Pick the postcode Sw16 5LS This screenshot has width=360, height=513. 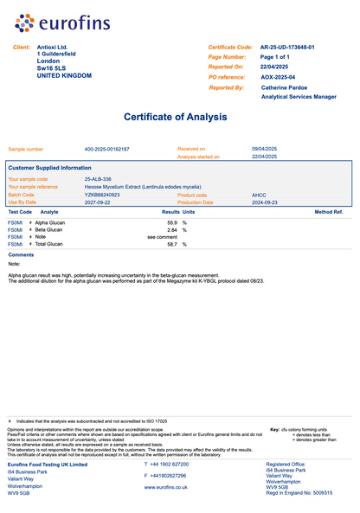[x=51, y=68]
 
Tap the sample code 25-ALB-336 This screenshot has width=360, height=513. [x=98, y=178]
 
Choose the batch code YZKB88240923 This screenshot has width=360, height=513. [x=103, y=195]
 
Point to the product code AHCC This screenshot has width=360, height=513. [x=259, y=195]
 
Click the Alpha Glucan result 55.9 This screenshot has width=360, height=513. [x=171, y=222]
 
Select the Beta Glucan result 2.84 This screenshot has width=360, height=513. [x=171, y=229]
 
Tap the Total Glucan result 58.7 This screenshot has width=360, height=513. [x=171, y=244]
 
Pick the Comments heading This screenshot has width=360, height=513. [x=21, y=255]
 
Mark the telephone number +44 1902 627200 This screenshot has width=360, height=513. [x=170, y=465]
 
